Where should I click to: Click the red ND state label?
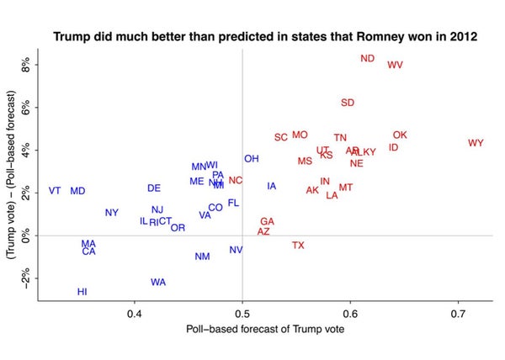367,59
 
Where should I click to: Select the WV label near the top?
395,65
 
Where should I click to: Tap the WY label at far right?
476,143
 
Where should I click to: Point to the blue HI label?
82,292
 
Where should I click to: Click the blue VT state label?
55,191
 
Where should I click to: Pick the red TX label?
298,246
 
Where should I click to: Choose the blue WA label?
158,282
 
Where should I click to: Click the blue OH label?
252,159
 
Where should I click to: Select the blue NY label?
112,213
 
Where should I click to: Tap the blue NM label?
202,257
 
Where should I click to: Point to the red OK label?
400,135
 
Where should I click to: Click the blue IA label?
271,186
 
